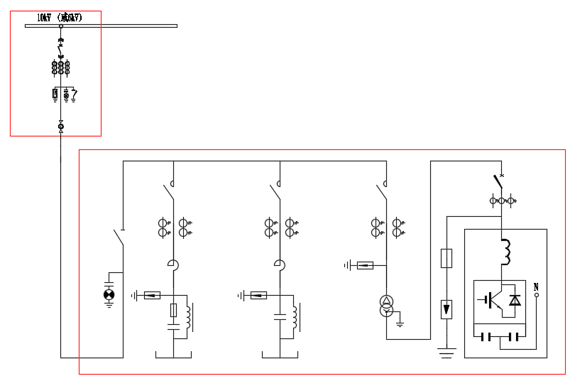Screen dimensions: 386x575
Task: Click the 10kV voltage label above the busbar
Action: pyautogui.click(x=59, y=18)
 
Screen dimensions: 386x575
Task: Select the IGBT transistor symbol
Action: pyautogui.click(x=491, y=299)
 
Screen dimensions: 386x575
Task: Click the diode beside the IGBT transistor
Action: pyautogui.click(x=515, y=299)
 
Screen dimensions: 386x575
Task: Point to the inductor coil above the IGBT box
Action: pyautogui.click(x=505, y=250)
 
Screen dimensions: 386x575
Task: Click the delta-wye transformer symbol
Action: pyautogui.click(x=386, y=306)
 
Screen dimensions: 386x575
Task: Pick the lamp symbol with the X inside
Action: pyautogui.click(x=109, y=294)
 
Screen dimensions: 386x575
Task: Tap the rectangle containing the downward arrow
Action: pyautogui.click(x=446, y=309)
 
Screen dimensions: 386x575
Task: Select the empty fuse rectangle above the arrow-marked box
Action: pyautogui.click(x=446, y=258)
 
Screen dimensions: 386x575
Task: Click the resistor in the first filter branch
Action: pyautogui.click(x=174, y=310)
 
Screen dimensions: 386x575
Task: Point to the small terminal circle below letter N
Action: pyautogui.click(x=536, y=295)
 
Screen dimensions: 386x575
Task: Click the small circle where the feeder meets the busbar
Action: pyautogui.click(x=60, y=26)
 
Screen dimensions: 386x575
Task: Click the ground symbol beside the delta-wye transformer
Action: pyautogui.click(x=400, y=323)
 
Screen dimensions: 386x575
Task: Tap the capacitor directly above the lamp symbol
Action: pyautogui.click(x=109, y=277)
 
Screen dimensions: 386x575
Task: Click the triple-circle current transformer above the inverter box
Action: pyautogui.click(x=502, y=201)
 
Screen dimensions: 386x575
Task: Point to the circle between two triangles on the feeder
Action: pyautogui.click(x=60, y=127)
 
